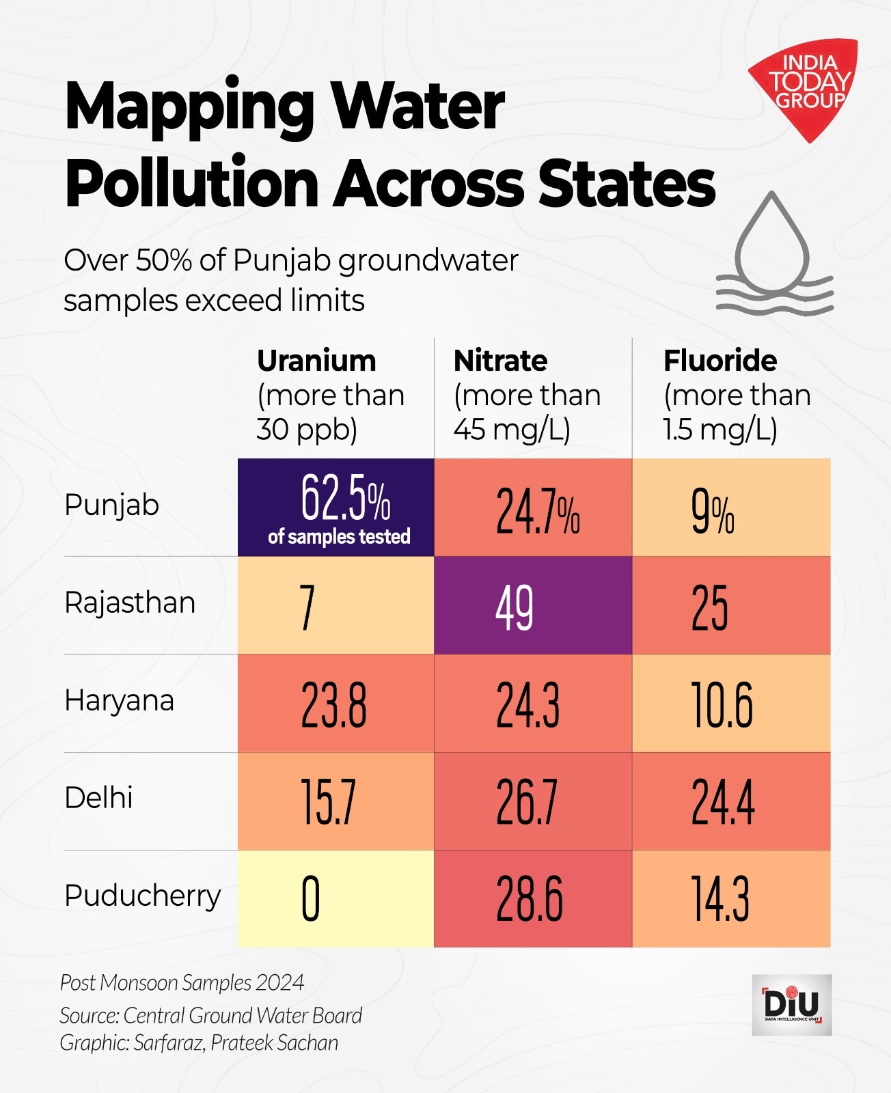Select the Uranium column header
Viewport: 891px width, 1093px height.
316,361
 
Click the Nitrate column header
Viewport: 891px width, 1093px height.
500,361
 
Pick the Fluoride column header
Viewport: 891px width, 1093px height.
720,361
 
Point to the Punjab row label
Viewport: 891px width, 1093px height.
111,506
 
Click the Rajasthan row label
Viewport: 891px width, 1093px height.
130,603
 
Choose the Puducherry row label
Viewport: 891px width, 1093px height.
142,896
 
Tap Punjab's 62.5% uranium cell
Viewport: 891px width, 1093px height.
336,507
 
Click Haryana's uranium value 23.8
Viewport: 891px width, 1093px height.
333,705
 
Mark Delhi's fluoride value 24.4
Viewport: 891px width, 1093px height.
723,803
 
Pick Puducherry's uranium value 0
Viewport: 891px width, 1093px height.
311,900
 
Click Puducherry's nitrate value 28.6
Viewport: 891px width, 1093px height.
530,900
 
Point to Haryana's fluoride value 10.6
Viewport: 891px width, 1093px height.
722,705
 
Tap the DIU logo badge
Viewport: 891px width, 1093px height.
792,1005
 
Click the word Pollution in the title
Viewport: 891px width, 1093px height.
192,183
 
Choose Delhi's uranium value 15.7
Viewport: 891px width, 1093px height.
328,803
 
